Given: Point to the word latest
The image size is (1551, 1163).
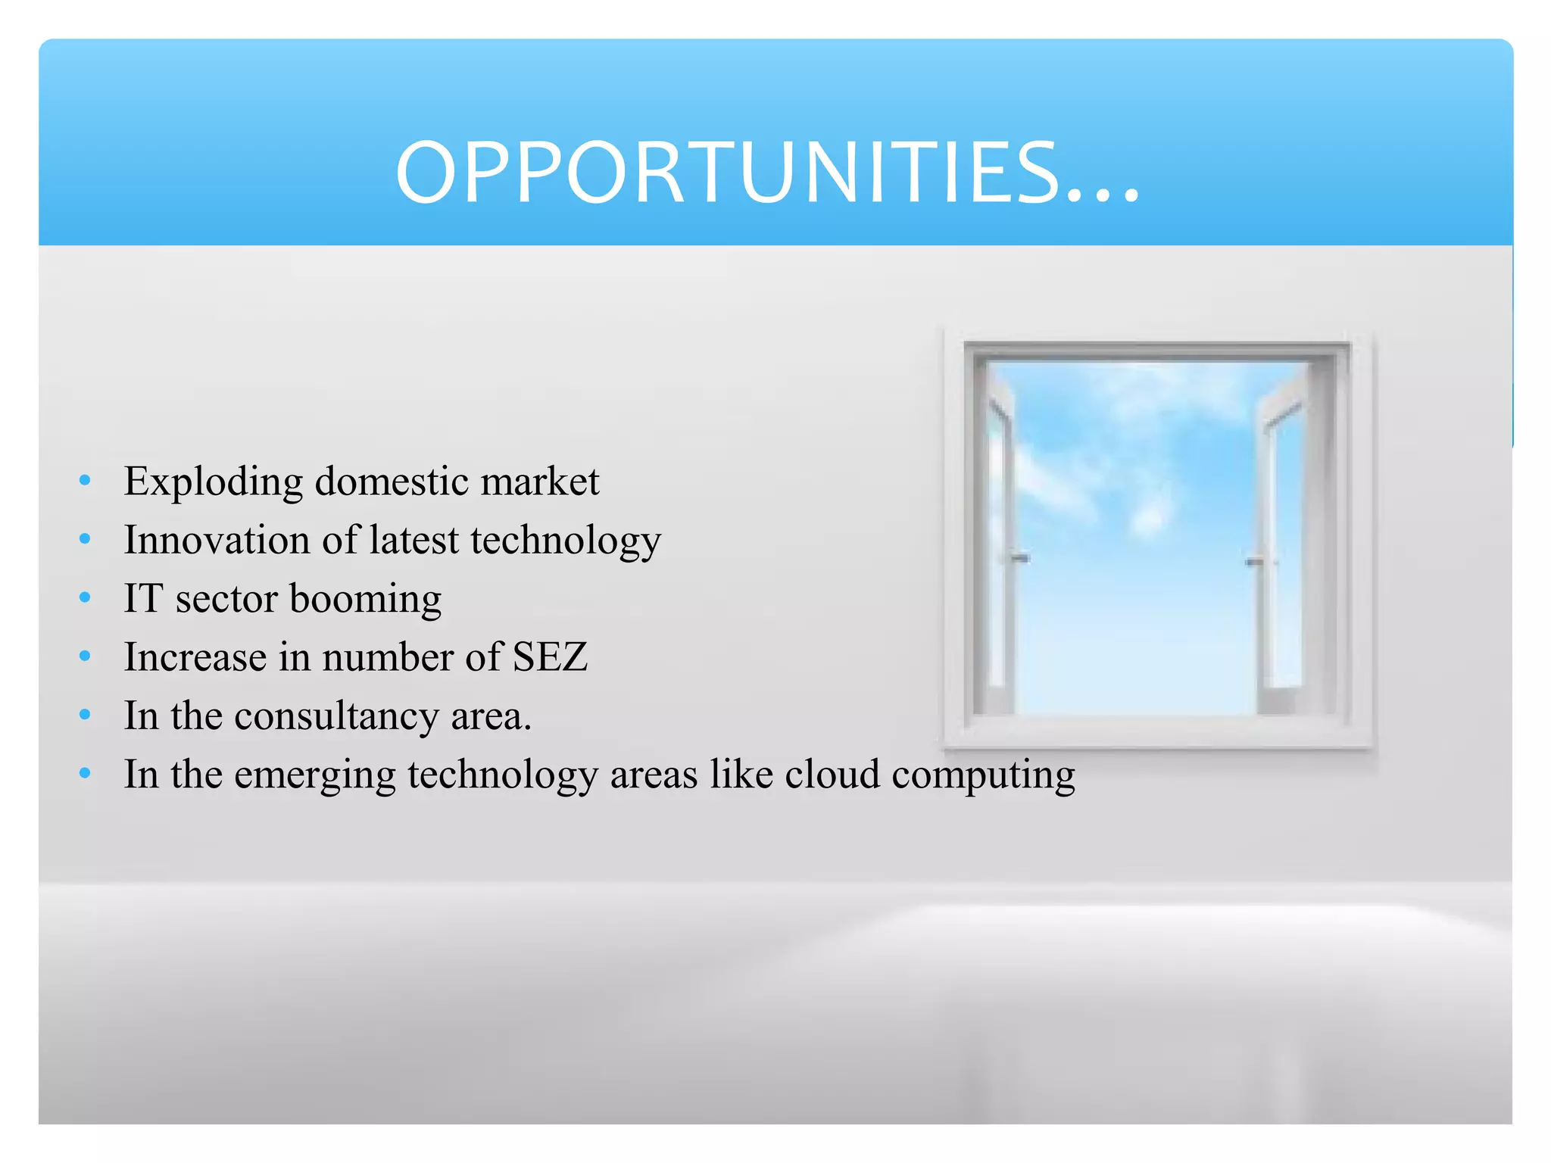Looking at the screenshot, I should (414, 540).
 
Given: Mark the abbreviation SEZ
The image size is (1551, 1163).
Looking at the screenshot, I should (551, 656).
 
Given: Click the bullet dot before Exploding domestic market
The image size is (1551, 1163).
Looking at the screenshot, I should (85, 480).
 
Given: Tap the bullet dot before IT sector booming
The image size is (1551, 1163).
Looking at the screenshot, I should (85, 597).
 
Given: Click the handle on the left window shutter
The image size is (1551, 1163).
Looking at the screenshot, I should (1019, 558).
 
